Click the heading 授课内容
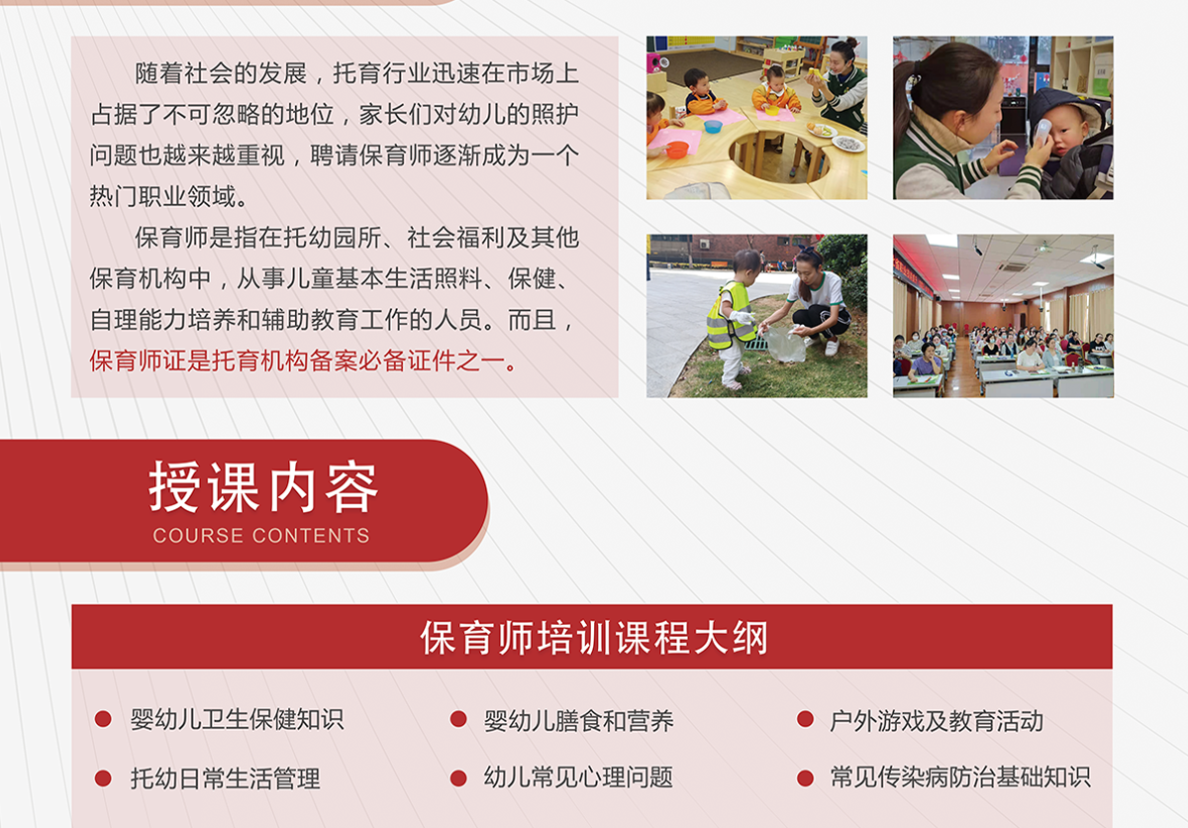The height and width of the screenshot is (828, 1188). pyautogui.click(x=263, y=486)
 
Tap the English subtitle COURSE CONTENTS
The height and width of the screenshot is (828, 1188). pyautogui.click(x=261, y=535)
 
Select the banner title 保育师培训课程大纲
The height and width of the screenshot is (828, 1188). pyautogui.click(x=594, y=638)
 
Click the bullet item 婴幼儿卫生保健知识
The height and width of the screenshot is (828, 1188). pyautogui.click(x=237, y=719)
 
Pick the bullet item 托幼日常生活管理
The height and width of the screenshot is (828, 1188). pyautogui.click(x=226, y=778)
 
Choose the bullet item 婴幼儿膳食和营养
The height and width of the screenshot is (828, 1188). pyautogui.click(x=578, y=720)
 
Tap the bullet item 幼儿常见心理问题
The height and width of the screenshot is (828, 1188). pyautogui.click(x=578, y=777)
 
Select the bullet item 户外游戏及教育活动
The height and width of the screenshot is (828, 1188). pyautogui.click(x=937, y=720)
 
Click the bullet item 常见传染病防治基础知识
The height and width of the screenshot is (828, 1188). pyautogui.click(x=960, y=777)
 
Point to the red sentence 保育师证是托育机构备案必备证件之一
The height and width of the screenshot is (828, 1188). pyautogui.click(x=298, y=361)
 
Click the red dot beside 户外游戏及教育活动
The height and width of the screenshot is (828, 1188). pyautogui.click(x=805, y=719)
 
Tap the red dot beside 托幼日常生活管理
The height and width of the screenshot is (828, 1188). pyautogui.click(x=103, y=778)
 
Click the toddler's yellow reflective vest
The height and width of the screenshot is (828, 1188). pyautogui.click(x=731, y=316)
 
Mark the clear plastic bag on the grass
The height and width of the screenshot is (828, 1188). pyautogui.click(x=784, y=344)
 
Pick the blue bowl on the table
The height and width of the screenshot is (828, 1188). pyautogui.click(x=713, y=126)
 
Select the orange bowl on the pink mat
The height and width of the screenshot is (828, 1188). pyautogui.click(x=677, y=150)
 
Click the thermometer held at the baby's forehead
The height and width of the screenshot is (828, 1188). pyautogui.click(x=1041, y=132)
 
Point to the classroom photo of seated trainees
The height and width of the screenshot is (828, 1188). pyautogui.click(x=1004, y=316)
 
